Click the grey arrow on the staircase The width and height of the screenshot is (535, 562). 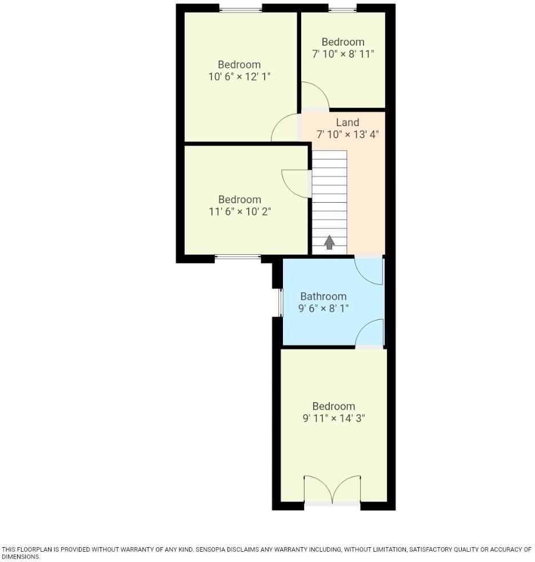point(329,242)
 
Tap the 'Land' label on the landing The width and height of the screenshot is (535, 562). point(348,122)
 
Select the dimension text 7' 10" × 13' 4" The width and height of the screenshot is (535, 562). point(348,135)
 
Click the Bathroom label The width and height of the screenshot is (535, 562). point(324,296)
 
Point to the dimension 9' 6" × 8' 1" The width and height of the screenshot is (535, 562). point(324,308)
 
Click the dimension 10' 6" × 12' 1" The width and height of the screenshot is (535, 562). point(239,77)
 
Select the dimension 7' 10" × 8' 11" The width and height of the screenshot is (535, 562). point(343,54)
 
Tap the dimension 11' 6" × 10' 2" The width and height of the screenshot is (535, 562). point(239,211)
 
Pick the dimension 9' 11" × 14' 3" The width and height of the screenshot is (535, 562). point(334,418)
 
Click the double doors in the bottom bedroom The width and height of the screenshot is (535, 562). point(332,489)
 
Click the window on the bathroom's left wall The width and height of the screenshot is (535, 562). point(280,302)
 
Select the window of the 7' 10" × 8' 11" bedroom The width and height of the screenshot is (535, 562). point(342,9)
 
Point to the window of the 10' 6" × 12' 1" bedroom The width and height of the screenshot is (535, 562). point(241,9)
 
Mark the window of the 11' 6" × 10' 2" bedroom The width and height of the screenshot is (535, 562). point(238,258)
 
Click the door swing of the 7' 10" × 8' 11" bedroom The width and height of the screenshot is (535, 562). point(314,96)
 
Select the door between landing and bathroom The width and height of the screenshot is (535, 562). point(369,270)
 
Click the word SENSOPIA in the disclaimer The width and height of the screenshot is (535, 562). point(214,549)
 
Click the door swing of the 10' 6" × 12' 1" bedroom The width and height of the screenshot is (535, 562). point(284,128)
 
